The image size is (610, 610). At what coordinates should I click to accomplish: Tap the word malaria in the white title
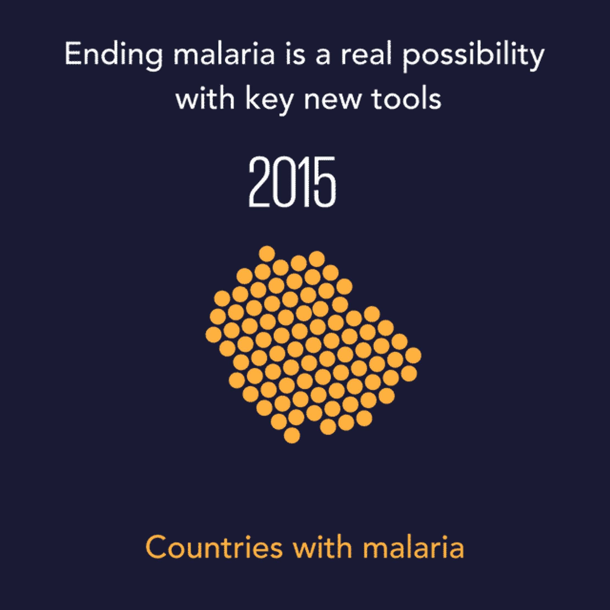[x=224, y=54]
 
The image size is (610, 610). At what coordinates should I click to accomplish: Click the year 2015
[x=292, y=182]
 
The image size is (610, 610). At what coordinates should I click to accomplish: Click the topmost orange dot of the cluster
[x=267, y=254]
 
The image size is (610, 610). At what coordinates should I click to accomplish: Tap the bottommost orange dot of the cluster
[x=292, y=436]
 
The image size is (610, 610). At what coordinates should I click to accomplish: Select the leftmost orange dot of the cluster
[x=214, y=335]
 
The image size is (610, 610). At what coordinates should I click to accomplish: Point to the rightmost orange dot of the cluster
[x=413, y=356]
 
